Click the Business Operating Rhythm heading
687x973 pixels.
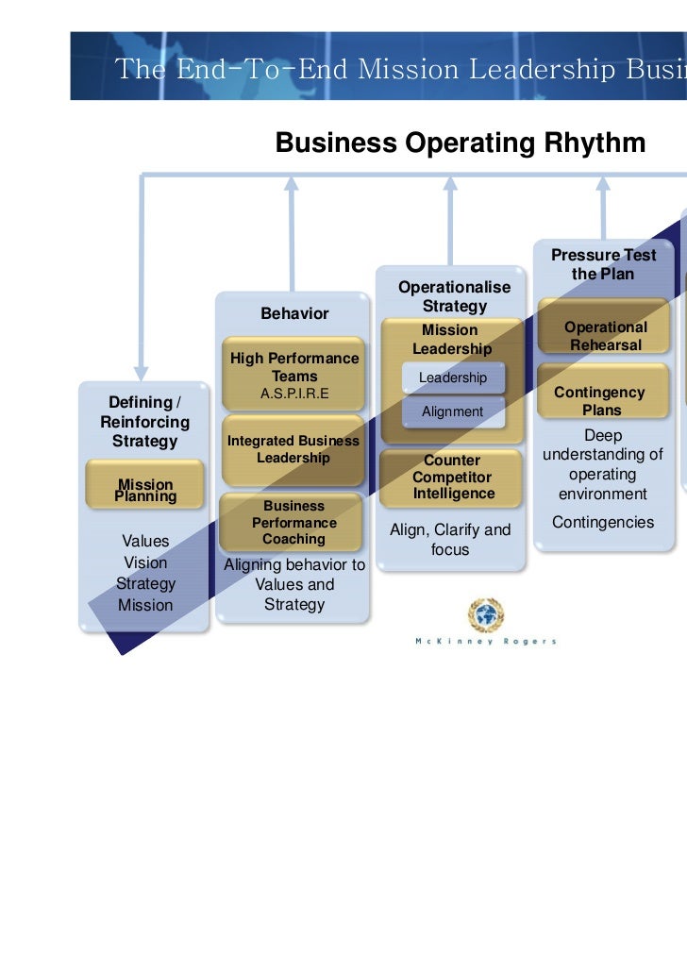tap(460, 143)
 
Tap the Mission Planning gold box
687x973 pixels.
tap(145, 490)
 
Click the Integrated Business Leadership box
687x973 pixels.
tap(293, 449)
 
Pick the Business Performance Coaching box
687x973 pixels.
tap(293, 523)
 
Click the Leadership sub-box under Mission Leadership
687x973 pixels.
tap(453, 377)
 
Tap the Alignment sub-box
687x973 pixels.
tap(452, 411)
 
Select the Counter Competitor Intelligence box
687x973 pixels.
tap(452, 478)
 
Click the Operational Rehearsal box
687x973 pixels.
tap(605, 336)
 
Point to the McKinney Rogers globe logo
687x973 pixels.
tap(486, 615)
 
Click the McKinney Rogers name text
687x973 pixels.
tap(486, 642)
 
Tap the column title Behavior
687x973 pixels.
tap(294, 313)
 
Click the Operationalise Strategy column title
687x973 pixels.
tap(454, 296)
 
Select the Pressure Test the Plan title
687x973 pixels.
tap(603, 264)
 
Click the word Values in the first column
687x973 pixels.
tap(145, 541)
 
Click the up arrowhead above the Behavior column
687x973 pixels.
tap(292, 183)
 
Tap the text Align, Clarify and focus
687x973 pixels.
tap(450, 539)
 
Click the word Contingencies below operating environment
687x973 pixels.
tap(603, 522)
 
